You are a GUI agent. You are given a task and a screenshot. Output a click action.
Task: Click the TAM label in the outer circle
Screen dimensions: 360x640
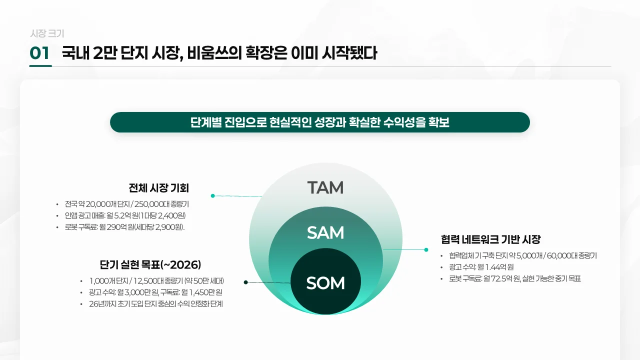coord(325,187)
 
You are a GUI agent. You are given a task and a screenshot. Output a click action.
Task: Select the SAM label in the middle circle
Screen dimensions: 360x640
coord(325,232)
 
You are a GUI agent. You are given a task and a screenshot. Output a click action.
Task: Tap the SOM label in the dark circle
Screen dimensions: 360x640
coord(325,283)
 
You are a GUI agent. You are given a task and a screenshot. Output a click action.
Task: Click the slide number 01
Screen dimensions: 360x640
coord(39,53)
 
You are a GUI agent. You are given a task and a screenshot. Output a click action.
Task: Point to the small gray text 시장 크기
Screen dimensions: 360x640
coord(47,33)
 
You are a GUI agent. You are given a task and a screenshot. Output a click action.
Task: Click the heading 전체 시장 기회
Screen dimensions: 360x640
coord(158,188)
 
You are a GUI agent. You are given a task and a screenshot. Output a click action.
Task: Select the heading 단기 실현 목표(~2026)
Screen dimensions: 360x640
coord(150,264)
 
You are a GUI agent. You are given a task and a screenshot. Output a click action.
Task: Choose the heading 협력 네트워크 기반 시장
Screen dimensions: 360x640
coord(490,239)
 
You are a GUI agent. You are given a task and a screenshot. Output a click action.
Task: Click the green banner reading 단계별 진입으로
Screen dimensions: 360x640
coord(320,122)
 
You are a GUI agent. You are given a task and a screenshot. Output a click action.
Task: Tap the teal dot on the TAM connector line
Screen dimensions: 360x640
coord(213,195)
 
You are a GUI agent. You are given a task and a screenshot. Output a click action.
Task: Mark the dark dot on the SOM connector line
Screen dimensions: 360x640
coord(246,282)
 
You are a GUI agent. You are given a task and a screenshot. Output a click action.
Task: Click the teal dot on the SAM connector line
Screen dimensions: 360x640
coord(426,249)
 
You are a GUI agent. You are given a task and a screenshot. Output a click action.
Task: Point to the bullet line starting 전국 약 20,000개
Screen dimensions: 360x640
coord(126,204)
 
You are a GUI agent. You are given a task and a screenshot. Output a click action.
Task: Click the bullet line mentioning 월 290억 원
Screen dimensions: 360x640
coord(124,227)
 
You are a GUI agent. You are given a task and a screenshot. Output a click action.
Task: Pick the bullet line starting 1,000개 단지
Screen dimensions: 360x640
coord(156,280)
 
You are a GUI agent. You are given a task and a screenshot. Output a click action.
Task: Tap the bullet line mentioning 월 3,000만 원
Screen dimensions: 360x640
coord(155,292)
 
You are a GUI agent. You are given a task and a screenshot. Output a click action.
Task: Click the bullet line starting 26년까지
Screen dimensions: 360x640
coord(155,303)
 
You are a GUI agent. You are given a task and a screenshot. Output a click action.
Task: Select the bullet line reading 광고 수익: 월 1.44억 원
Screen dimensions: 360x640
coord(481,267)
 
